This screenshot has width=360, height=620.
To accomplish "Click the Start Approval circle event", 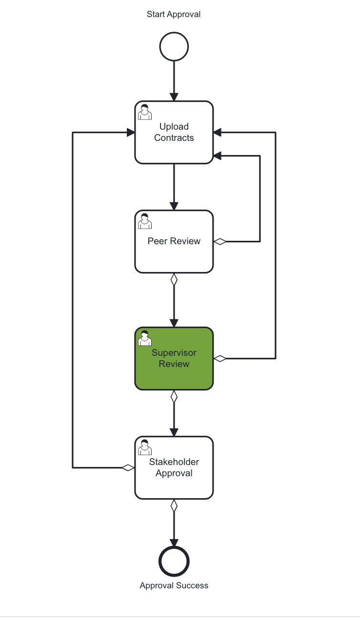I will pyautogui.click(x=174, y=47).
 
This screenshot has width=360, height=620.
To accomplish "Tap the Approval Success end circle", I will pyautogui.click(x=174, y=562).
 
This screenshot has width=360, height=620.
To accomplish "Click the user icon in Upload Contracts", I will pyautogui.click(x=144, y=112).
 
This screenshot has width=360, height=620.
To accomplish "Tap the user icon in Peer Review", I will pyautogui.click(x=144, y=221).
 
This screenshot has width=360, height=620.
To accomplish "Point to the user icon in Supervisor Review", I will pyautogui.click(x=144, y=338).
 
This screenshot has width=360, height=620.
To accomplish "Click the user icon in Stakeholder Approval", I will pyautogui.click(x=144, y=447).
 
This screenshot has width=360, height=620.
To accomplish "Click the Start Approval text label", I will pyautogui.click(x=174, y=14).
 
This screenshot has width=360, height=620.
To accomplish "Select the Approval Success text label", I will pyautogui.click(x=174, y=585).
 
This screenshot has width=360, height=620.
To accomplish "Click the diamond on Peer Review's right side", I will pyautogui.click(x=220, y=241).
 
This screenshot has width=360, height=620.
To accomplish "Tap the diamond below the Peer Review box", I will pyautogui.click(x=174, y=279).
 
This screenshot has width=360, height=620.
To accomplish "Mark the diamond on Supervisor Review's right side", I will pyautogui.click(x=220, y=359).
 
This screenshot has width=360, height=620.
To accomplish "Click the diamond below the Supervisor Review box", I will pyautogui.click(x=174, y=396).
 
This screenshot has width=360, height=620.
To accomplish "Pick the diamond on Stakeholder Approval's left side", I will pyautogui.click(x=128, y=468).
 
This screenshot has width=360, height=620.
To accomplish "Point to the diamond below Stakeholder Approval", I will pyautogui.click(x=174, y=505).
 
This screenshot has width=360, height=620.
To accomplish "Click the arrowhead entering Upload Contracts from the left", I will pyautogui.click(x=131, y=132).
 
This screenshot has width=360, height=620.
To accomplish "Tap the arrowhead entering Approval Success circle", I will pyautogui.click(x=174, y=543).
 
